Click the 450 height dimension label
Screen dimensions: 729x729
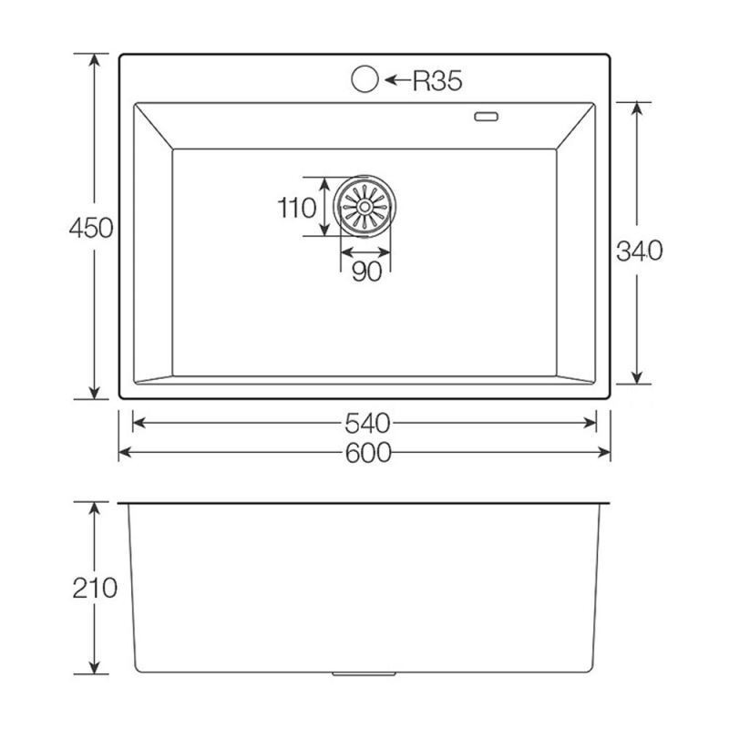point(91,228)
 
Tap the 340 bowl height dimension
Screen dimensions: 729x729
point(640,252)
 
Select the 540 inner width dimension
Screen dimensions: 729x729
point(367,424)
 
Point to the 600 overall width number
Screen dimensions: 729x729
point(368,453)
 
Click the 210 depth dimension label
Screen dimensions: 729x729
point(95,588)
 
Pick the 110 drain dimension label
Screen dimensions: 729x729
point(297,208)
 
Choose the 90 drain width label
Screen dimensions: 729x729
point(367,272)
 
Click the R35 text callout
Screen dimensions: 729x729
point(437,81)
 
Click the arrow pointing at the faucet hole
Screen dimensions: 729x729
point(396,80)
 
